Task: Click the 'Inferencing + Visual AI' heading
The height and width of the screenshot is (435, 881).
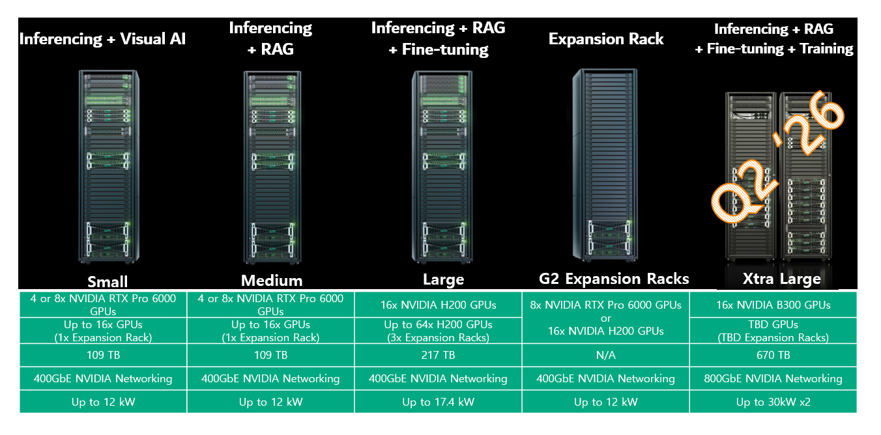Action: (102, 39)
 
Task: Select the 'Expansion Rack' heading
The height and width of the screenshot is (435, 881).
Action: (606, 39)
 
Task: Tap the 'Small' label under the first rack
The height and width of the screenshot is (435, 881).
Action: (108, 281)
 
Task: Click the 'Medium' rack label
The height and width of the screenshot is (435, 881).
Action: (272, 281)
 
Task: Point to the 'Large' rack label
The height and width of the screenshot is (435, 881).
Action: (443, 280)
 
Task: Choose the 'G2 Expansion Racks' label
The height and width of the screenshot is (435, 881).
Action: (614, 279)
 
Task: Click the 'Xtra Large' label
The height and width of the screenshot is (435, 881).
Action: (781, 279)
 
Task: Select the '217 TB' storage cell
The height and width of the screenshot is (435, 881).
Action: (438, 355)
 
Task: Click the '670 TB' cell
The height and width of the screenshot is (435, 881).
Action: (773, 355)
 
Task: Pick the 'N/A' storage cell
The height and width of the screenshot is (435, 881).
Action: (605, 355)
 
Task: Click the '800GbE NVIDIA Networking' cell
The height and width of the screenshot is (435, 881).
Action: (773, 378)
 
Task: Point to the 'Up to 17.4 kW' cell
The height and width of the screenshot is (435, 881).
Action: (438, 402)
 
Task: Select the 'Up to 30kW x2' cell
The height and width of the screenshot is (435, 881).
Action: (773, 402)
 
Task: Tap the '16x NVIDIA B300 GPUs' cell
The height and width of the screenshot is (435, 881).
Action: (773, 305)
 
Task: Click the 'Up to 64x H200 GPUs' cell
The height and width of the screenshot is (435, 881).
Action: (438, 331)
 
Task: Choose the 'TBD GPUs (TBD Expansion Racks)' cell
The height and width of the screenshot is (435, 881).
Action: (773, 331)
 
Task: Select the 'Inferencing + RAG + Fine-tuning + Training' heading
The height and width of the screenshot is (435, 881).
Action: (773, 38)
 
